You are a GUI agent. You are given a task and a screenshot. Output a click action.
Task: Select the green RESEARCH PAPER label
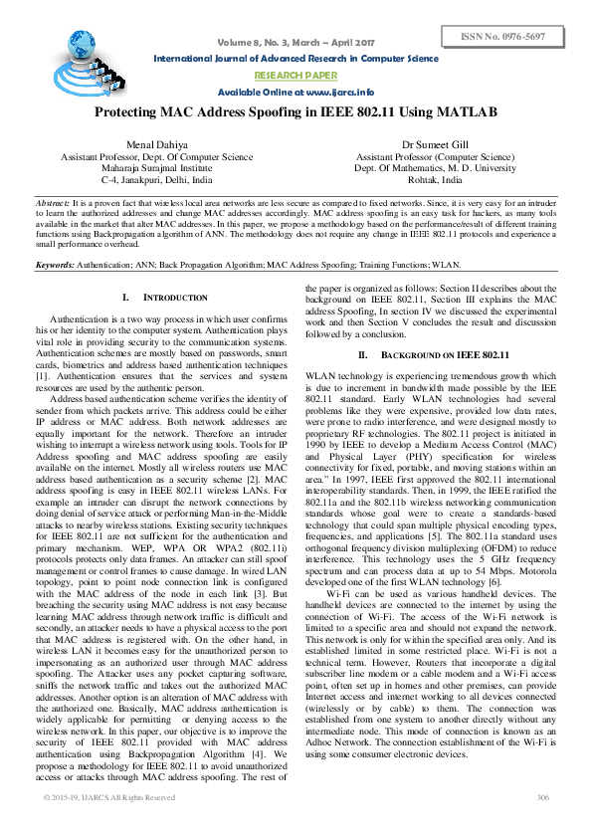click(x=295, y=75)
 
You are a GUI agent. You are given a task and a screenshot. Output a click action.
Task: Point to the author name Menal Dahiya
click(x=156, y=145)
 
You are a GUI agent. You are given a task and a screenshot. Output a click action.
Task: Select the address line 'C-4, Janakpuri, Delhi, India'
click(x=156, y=183)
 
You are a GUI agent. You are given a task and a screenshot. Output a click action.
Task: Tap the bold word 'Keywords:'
click(x=56, y=266)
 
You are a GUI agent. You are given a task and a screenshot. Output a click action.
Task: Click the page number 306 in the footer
click(x=542, y=826)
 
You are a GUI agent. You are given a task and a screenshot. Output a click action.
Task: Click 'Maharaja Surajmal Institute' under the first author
click(x=156, y=170)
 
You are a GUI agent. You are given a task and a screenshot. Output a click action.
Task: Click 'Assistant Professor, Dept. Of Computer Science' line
click(x=156, y=157)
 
